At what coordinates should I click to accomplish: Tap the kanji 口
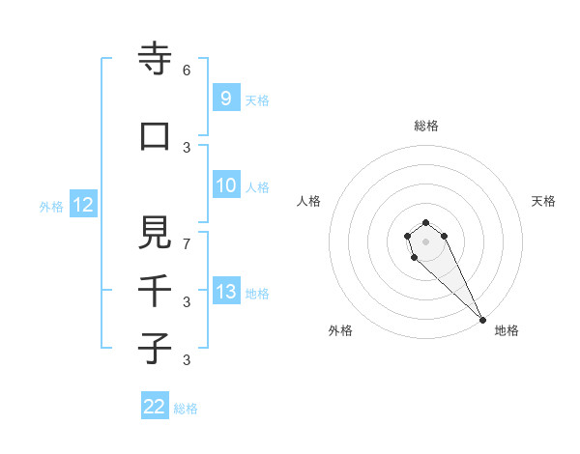point(155,136)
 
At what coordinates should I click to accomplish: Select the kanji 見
point(155,232)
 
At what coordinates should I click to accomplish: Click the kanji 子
point(155,348)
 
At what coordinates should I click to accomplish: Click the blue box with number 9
point(225,99)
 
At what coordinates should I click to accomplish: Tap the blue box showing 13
point(225,292)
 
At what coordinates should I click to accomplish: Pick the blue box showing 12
point(82,205)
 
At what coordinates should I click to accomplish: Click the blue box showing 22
point(155,407)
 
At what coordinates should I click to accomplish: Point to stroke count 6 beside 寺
point(187,71)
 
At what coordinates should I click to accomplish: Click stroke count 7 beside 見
point(187,244)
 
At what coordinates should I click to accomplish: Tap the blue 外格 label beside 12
point(51,206)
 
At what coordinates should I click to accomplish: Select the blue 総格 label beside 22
point(186,409)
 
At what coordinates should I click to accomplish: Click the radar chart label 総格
point(425,126)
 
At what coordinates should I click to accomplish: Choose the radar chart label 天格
point(544,201)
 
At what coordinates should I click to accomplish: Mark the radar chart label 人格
point(308,201)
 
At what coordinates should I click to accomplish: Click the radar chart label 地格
point(507,330)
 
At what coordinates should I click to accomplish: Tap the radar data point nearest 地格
point(482,320)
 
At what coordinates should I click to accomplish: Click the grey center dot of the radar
point(425,241)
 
